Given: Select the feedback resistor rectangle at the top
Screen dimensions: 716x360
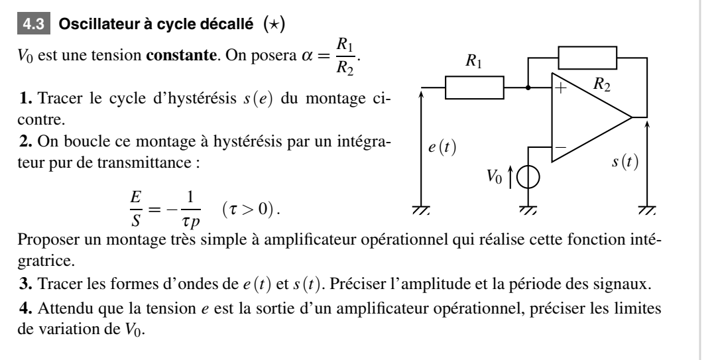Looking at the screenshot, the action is [587, 58].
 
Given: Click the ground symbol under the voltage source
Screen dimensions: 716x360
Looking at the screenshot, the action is [528, 210].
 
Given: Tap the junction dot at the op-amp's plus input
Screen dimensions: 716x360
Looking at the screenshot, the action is [528, 87].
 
